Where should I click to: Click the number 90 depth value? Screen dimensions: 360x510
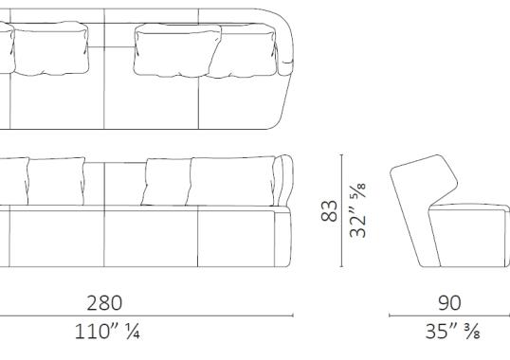pos(449,302)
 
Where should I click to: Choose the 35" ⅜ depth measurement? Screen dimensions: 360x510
pos(449,333)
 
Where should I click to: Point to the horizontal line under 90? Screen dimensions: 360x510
pos(449,316)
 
